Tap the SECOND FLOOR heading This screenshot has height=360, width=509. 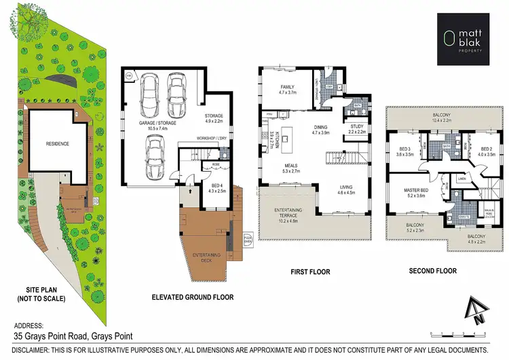432,270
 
